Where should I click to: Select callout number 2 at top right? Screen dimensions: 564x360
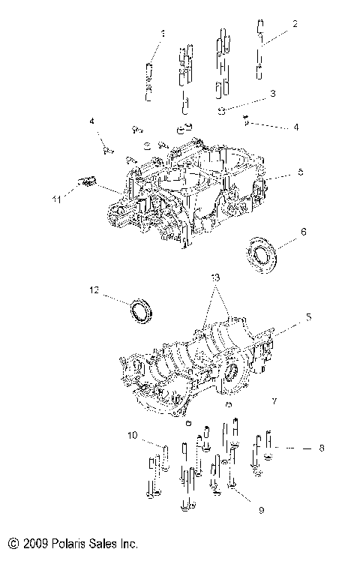(295, 24)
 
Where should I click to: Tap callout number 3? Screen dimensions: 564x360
(273, 94)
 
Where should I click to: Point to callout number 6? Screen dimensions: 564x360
(304, 232)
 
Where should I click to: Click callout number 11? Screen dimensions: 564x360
(55, 198)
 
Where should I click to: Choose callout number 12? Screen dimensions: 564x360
(94, 289)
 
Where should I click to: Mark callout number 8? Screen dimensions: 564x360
(321, 448)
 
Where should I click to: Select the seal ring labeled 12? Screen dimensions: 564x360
(140, 310)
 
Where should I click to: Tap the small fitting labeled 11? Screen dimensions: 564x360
(87, 180)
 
